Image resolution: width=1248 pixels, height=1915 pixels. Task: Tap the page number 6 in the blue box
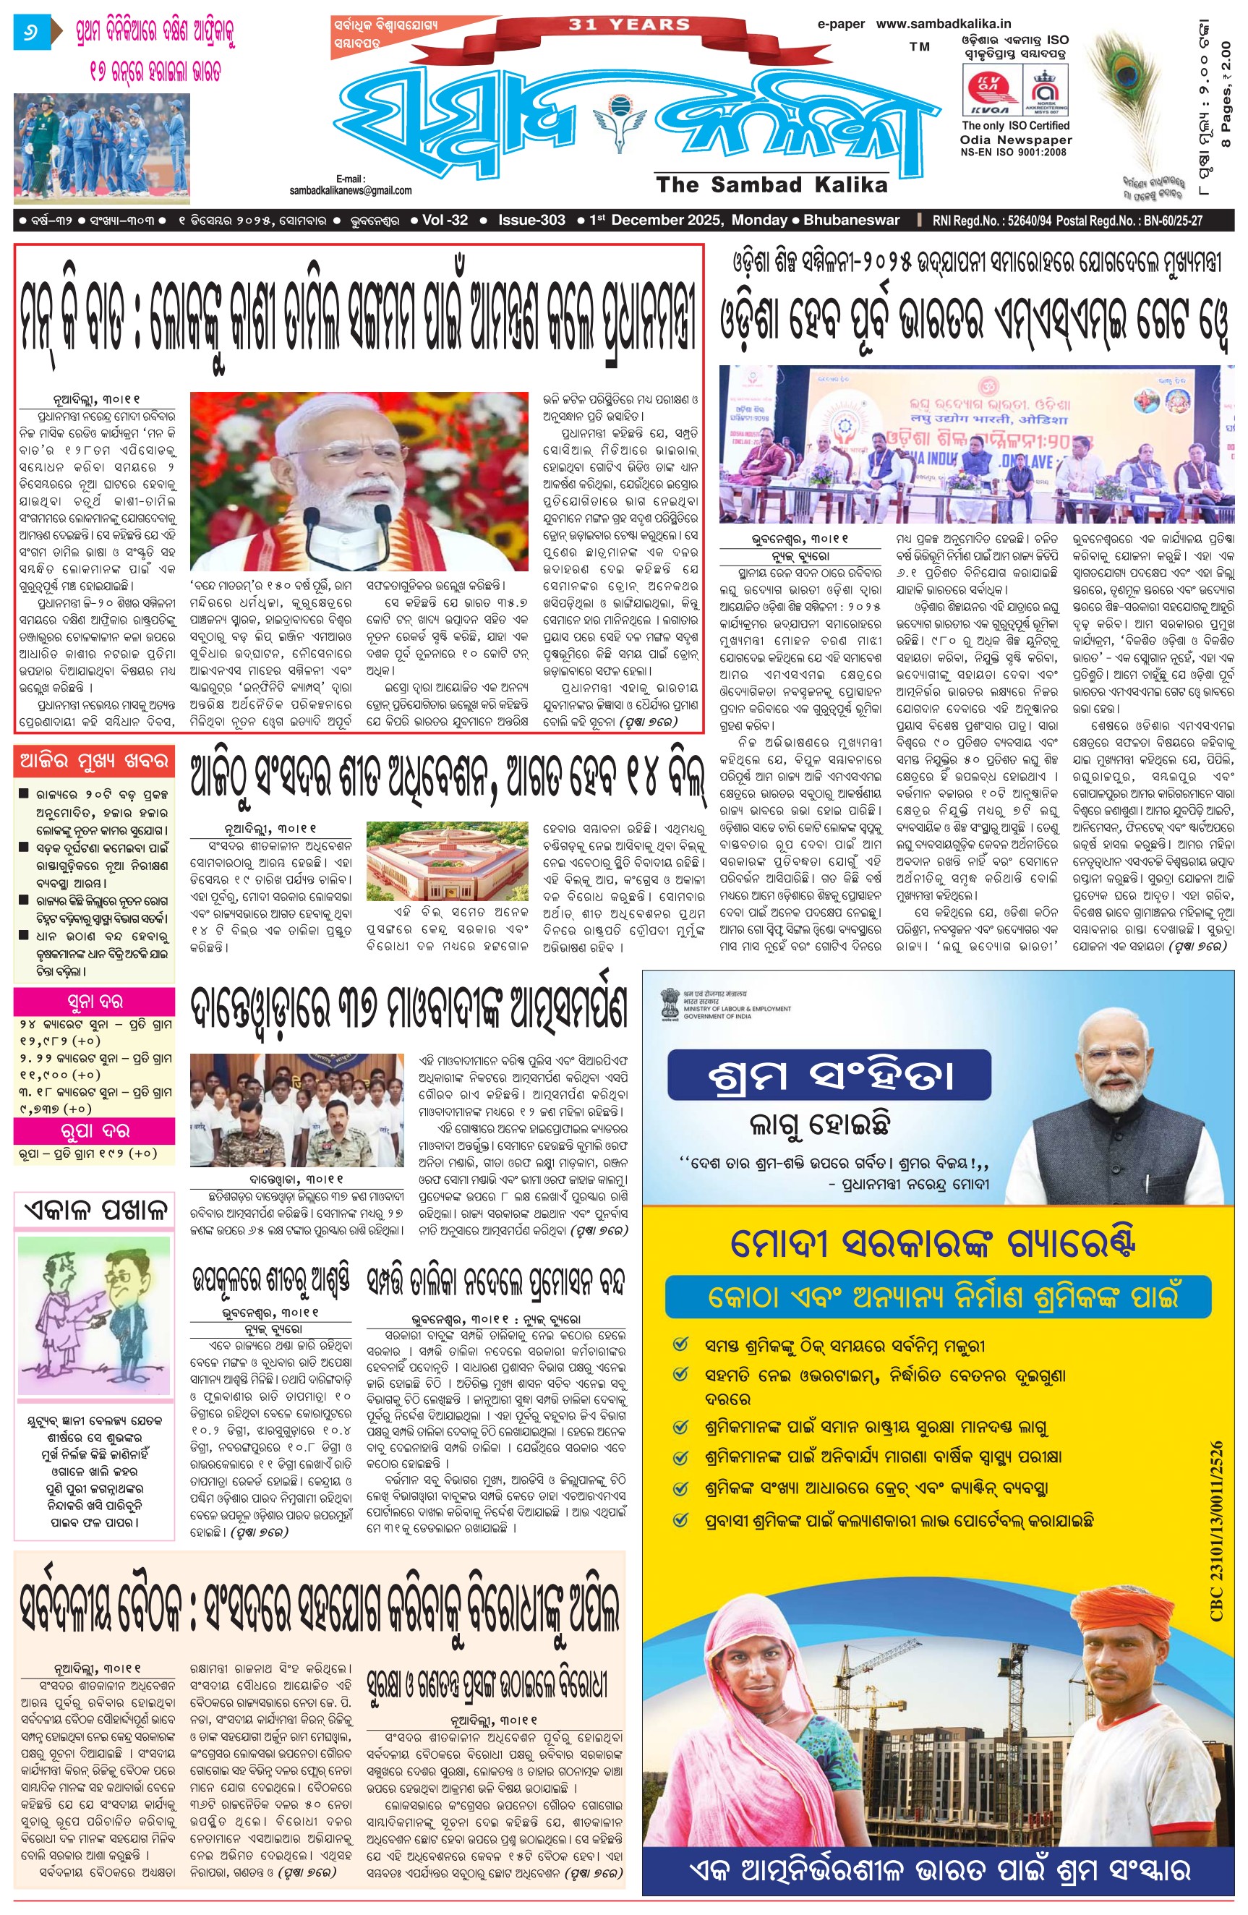pos(31,35)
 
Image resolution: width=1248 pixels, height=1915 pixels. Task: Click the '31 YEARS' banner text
pos(629,25)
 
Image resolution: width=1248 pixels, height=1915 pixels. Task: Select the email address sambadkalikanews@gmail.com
pos(351,191)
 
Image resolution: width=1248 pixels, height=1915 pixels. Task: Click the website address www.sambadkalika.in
pos(943,24)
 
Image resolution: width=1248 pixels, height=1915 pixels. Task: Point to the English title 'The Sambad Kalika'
pos(771,185)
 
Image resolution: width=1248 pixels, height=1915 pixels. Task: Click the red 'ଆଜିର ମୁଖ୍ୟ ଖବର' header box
pos(94,760)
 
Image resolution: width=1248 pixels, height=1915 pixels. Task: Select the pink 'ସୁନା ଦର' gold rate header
pos(94,1001)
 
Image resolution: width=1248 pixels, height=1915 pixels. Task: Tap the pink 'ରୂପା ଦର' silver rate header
pos(94,1130)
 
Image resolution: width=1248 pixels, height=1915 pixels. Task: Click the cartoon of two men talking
pos(94,1316)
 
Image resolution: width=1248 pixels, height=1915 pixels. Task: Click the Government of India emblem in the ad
pos(669,1003)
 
